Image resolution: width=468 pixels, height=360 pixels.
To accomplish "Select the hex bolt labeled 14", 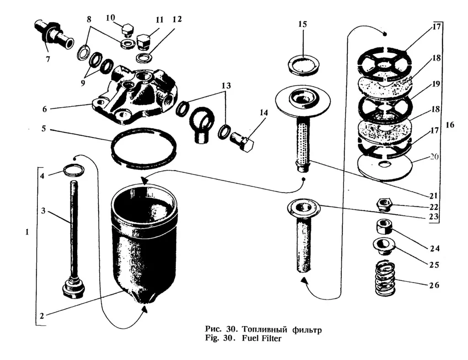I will (242, 142).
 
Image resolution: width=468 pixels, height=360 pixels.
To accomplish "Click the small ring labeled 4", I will (74, 171).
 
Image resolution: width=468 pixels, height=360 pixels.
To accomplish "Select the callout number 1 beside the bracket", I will (27, 232).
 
